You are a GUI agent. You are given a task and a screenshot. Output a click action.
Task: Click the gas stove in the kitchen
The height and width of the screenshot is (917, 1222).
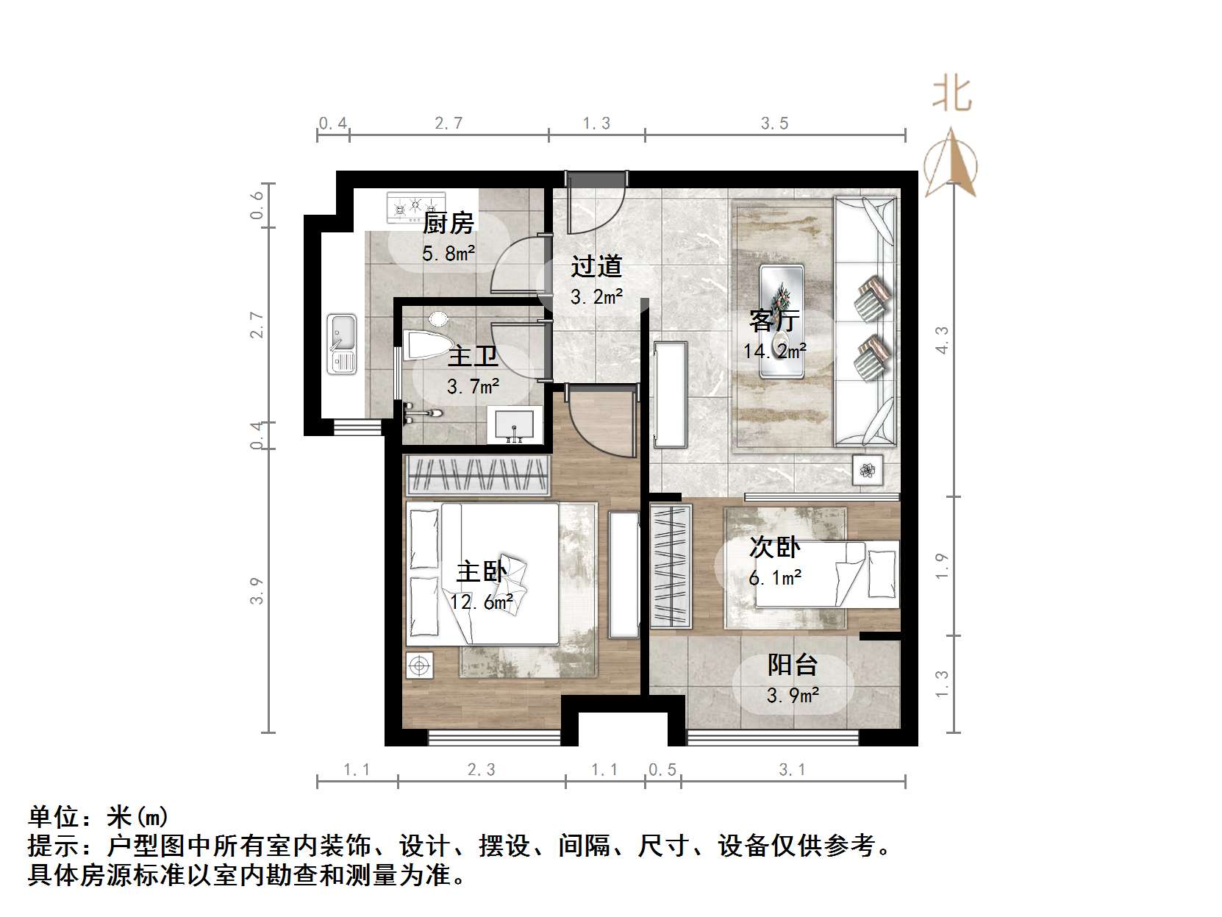coord(416,207)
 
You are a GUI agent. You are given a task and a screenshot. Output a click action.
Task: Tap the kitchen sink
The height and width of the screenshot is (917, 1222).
coord(342,343)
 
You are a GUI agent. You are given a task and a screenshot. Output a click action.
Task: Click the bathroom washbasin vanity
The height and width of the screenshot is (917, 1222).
coord(515,426)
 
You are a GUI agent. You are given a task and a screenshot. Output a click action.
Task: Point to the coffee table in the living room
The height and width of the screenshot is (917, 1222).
coord(781,321)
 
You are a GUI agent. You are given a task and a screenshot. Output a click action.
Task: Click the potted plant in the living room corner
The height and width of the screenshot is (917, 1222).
coord(868,470)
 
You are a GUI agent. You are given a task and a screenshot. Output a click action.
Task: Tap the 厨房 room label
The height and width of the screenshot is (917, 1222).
coord(449,222)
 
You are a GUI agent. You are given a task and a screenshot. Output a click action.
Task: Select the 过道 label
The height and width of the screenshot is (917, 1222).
coord(596,266)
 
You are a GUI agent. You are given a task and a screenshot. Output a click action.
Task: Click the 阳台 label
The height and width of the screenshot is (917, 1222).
coord(793,665)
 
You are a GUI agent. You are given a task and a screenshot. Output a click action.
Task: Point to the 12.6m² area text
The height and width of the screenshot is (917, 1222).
coord(482,602)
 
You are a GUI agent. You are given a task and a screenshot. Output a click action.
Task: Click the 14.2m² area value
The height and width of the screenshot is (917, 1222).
coord(774,352)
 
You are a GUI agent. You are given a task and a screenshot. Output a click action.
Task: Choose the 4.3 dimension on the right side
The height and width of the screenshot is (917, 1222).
coord(942,340)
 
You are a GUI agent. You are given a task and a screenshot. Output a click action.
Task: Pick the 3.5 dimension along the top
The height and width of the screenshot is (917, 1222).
coord(774,124)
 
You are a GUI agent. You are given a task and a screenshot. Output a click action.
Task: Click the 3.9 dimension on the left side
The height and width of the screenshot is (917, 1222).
coord(256,590)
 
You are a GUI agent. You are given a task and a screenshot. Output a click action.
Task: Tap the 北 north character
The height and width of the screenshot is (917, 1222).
coord(952,95)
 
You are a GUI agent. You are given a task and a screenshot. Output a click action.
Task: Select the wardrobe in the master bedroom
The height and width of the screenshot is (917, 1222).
coord(479,474)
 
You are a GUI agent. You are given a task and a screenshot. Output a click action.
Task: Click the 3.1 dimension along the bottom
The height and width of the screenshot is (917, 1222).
coord(792,770)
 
